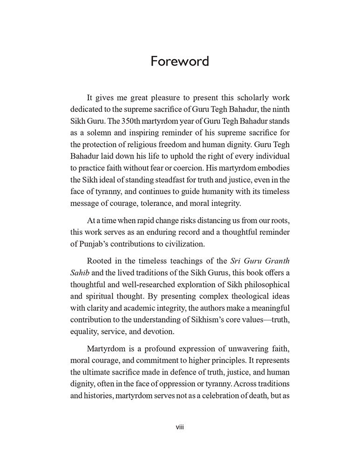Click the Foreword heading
point(180,62)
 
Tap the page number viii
point(180,426)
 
